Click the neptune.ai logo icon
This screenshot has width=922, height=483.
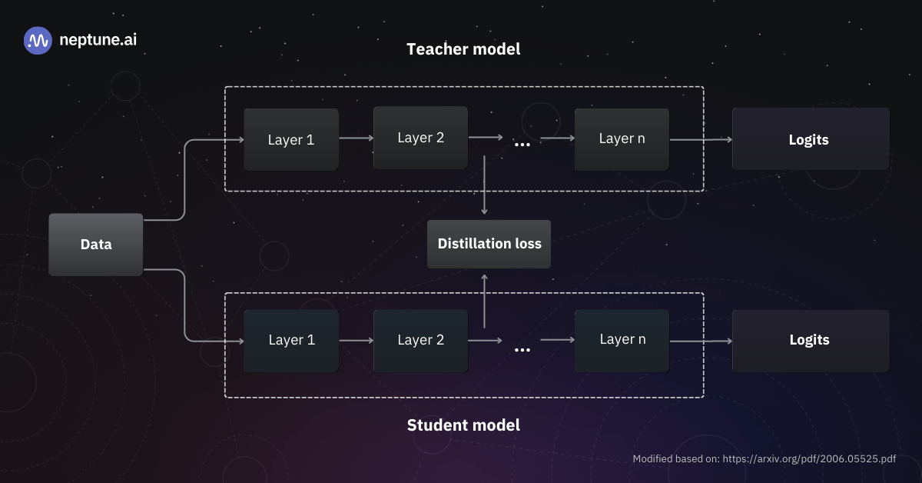coord(38,41)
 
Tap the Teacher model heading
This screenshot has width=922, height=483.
coord(463,49)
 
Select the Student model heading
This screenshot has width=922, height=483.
coord(463,425)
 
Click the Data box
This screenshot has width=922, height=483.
coord(96,245)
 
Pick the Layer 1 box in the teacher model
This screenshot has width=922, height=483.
coord(291,139)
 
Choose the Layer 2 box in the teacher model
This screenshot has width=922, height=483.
coord(420,138)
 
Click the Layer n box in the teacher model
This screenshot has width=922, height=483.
coord(622,138)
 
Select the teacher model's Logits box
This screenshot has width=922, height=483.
coord(809,139)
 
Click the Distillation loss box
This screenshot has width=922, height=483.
coord(489,244)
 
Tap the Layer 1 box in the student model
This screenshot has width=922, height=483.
coord(291,340)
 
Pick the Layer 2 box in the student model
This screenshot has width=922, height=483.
coord(420,340)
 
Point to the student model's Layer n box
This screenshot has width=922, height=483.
coord(622,339)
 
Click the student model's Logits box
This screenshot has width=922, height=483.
coord(809,340)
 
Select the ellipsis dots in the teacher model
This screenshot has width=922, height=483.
coord(522,144)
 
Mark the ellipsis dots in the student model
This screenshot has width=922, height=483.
coord(522,350)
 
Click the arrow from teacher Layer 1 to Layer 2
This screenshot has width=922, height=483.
coord(355,138)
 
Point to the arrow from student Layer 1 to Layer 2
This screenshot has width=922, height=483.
coord(355,340)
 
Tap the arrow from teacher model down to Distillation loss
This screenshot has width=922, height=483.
coord(484,185)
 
